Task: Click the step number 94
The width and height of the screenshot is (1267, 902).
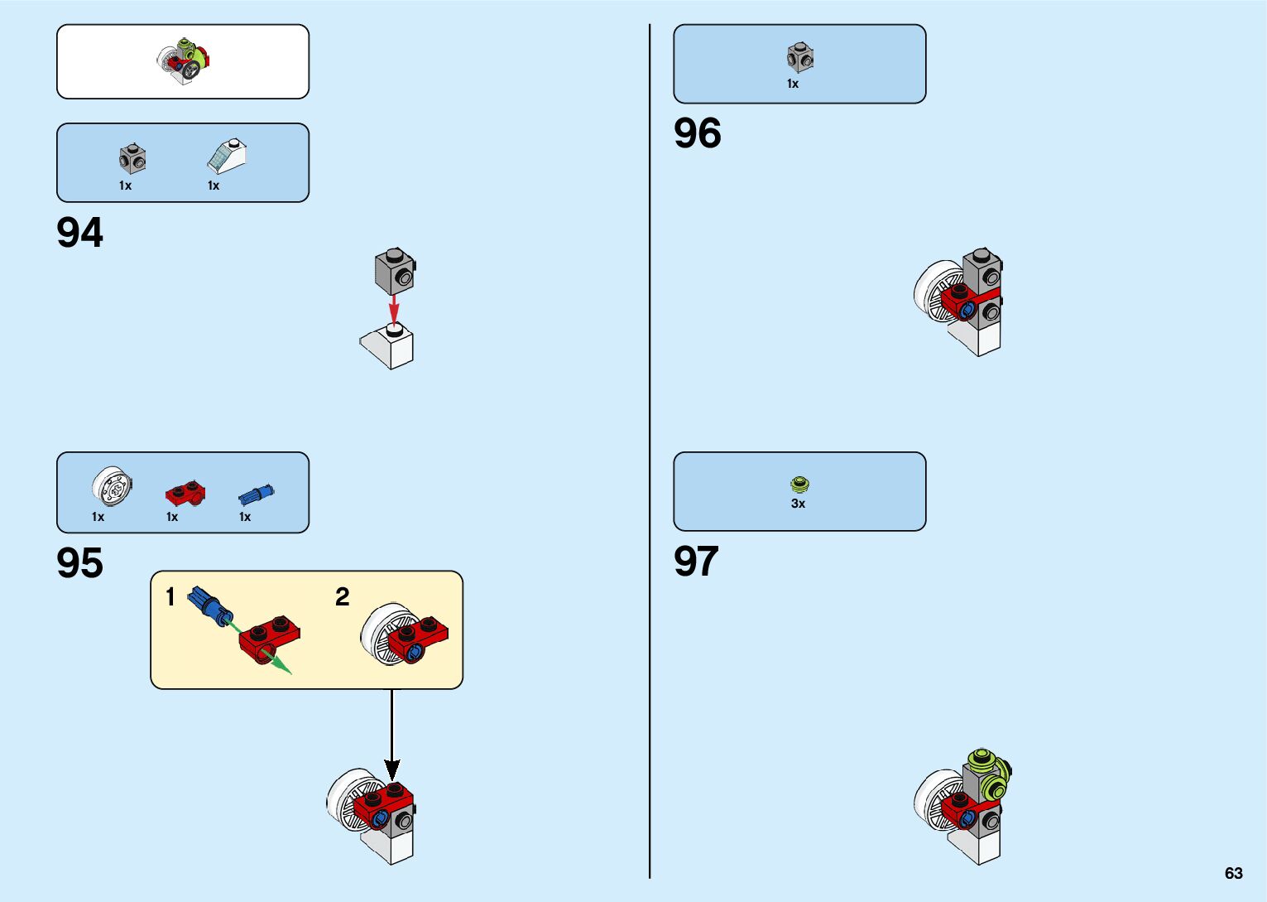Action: [x=80, y=233]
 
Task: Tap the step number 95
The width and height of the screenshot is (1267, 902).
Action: [x=80, y=563]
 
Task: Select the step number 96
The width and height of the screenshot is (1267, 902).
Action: [x=698, y=133]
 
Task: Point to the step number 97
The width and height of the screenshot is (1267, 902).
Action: [x=696, y=562]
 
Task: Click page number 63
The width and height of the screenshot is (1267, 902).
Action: [x=1233, y=873]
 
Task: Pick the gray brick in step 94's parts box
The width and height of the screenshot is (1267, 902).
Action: [x=132, y=157]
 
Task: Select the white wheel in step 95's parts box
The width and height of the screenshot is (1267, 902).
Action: [x=112, y=487]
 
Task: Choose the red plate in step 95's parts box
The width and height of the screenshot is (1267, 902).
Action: [x=185, y=493]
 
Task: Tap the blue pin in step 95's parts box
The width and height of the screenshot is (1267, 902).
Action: [x=256, y=494]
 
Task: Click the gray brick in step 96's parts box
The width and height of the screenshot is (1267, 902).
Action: [x=800, y=57]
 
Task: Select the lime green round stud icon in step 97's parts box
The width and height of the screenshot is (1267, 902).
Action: [x=799, y=484]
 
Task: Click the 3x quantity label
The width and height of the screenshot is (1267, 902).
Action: [x=798, y=504]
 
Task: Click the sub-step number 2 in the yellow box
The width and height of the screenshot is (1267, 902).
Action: [x=343, y=596]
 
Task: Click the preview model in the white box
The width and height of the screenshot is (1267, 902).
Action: [x=185, y=61]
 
